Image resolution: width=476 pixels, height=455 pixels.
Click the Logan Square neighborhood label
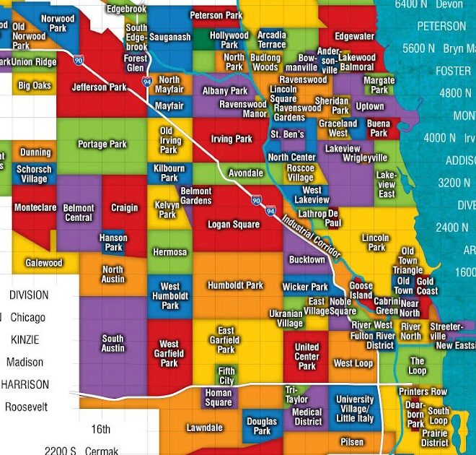click(x=233, y=225)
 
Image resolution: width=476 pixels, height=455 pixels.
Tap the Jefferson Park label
click(x=99, y=87)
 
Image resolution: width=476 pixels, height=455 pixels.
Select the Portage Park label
click(x=102, y=144)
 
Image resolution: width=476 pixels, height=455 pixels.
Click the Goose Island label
click(x=361, y=290)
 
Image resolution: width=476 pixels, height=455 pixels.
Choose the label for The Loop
click(x=418, y=365)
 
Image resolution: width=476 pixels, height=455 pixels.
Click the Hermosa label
click(x=169, y=253)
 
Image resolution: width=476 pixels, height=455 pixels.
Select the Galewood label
click(x=44, y=263)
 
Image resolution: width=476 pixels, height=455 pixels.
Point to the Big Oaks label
click(x=35, y=86)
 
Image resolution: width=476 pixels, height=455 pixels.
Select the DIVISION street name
click(x=29, y=295)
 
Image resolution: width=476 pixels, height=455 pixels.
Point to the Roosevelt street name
click(x=26, y=407)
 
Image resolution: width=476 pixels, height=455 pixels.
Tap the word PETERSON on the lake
click(x=441, y=26)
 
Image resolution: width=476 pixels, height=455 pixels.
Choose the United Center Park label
click(x=307, y=357)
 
